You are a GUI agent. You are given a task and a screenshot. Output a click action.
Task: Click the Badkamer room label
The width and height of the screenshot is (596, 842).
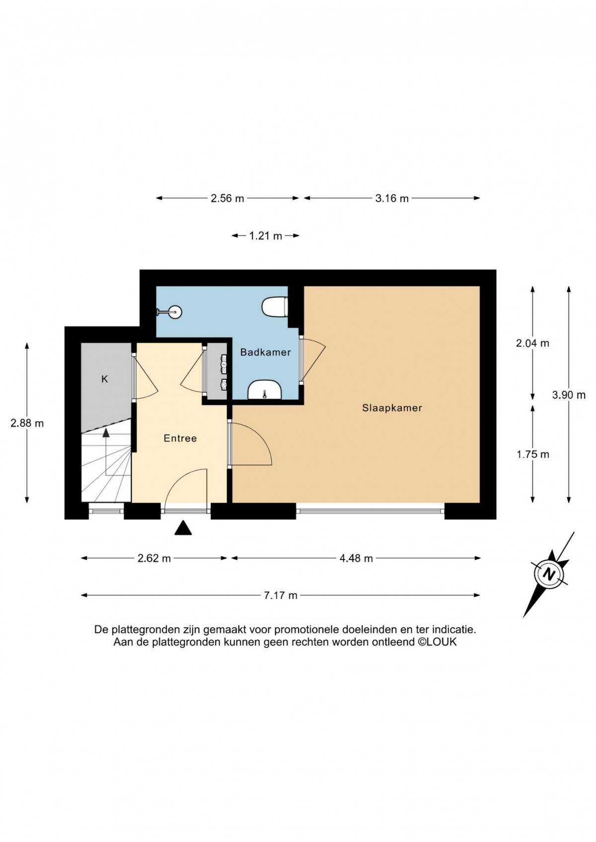(266, 352)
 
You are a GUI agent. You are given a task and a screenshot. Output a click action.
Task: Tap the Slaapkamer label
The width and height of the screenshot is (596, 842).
(392, 408)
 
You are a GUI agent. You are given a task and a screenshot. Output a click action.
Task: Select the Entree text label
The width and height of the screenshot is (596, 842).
(180, 438)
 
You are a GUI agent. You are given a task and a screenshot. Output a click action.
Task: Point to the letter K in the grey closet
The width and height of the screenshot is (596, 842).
(104, 379)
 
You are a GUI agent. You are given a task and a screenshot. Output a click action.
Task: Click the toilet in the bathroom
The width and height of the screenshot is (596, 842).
(275, 307)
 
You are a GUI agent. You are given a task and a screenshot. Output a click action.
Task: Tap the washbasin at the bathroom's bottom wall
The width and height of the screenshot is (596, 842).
(264, 389)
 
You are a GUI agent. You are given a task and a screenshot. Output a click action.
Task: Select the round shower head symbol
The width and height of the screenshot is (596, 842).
(175, 311)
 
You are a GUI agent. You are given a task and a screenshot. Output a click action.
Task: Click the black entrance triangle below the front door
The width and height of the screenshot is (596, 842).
(183, 528)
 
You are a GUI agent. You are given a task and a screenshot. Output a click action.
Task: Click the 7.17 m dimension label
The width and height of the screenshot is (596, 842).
(281, 595)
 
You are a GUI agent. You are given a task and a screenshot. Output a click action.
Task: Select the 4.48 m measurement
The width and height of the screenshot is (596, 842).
(356, 558)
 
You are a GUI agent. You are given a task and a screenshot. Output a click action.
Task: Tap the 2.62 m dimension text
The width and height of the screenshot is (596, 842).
(154, 558)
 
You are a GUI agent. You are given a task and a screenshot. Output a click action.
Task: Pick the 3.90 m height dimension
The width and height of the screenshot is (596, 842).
(569, 395)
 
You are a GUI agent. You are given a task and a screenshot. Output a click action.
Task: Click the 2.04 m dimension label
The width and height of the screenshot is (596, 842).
(532, 343)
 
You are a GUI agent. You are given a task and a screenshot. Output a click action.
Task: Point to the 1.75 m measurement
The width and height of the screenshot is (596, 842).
(532, 454)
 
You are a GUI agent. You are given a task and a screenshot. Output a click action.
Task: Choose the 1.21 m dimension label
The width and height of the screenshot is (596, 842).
(266, 236)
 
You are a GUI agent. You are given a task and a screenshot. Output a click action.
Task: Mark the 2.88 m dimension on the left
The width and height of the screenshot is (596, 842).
(27, 423)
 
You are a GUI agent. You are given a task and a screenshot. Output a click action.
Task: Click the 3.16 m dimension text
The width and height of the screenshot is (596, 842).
(392, 198)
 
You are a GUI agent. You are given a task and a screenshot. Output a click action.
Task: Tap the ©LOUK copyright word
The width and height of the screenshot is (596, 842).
(438, 641)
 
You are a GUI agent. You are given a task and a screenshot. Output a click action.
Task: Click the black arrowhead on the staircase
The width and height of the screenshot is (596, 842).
(106, 432)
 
